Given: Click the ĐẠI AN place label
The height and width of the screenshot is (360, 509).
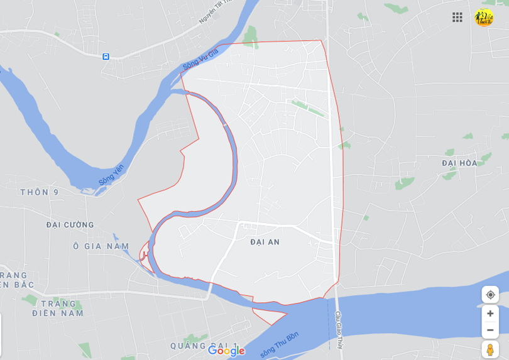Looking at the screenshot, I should coord(265,242).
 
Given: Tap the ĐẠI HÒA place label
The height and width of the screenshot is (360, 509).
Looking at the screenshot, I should coord(459,163).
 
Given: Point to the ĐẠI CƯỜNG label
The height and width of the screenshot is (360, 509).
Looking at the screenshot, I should coord(70,225).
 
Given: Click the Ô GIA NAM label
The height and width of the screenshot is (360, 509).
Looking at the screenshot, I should coord(101,247).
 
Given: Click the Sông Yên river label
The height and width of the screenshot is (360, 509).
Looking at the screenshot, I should coord(111,175).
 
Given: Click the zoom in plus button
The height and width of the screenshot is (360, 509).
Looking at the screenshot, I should coord(490,314).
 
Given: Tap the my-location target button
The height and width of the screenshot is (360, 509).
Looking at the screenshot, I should coord(490,295).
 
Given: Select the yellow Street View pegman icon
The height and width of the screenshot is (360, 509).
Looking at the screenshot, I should coord(490,349).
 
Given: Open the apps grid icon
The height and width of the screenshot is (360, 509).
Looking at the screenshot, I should coord(457,17).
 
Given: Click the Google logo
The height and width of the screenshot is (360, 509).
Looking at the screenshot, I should coord(226,351).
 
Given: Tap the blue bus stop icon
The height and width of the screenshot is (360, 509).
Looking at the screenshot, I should coord(106,57).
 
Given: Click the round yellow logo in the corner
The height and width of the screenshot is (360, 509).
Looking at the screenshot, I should coord(483,18).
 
